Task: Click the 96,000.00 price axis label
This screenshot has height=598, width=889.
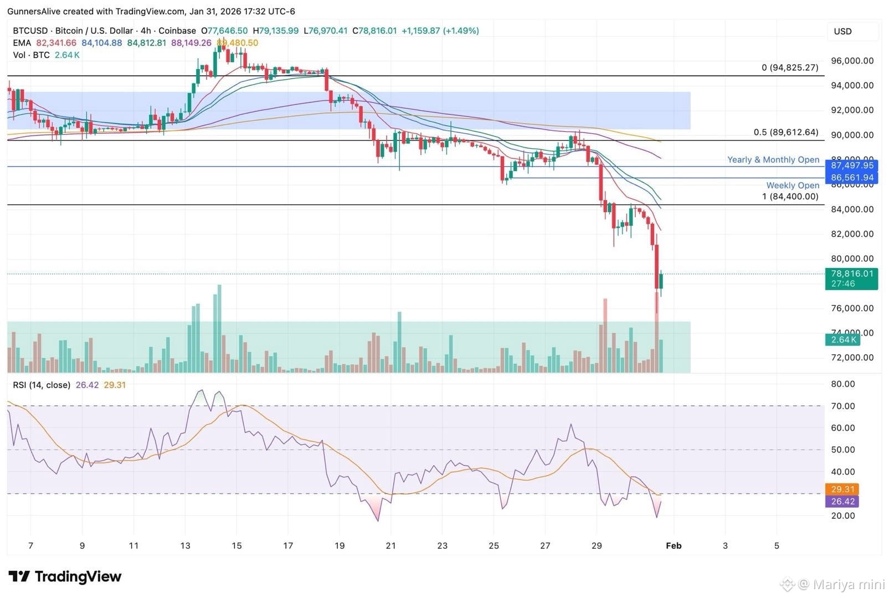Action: click(x=852, y=61)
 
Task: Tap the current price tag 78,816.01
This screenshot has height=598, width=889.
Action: click(x=851, y=274)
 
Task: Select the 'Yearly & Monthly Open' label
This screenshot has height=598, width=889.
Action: click(x=773, y=159)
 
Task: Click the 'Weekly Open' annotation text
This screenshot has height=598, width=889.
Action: click(x=792, y=185)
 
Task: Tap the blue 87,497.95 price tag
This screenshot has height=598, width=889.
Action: click(x=851, y=165)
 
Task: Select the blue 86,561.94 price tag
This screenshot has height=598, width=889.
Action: click(x=851, y=178)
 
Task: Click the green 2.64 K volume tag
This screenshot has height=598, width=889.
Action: click(x=843, y=339)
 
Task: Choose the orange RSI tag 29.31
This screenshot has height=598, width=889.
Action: click(x=842, y=489)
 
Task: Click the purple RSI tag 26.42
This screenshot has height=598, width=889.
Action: click(x=842, y=501)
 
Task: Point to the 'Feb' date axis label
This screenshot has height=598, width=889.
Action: click(x=673, y=545)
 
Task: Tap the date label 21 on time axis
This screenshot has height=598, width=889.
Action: click(x=390, y=545)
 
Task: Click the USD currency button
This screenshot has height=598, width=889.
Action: click(x=843, y=32)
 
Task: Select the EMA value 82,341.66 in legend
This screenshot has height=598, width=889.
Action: click(x=56, y=43)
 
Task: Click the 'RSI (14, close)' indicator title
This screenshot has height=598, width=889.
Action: click(x=42, y=385)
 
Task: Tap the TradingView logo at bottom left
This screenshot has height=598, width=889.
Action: click(x=65, y=576)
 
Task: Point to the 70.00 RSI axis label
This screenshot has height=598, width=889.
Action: click(x=842, y=406)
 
